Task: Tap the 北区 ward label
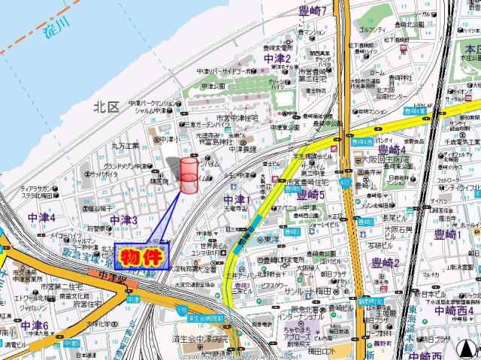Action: [107, 107]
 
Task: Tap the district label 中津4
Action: [42, 217]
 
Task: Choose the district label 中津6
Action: [35, 325]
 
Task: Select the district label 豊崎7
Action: [312, 11]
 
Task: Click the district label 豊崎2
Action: [386, 262]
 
